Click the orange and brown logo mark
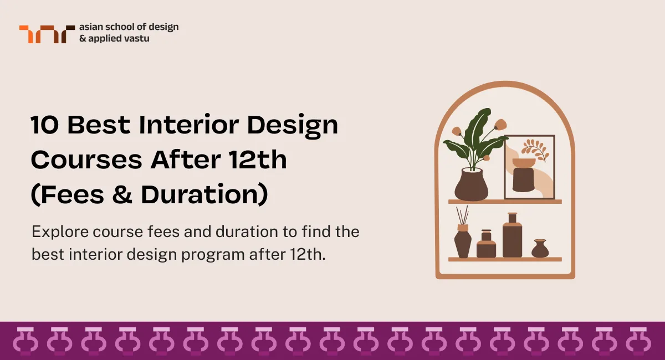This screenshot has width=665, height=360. click(47, 34)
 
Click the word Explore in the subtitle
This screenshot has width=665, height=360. click(53, 232)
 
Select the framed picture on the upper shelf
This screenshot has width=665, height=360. click(529, 167)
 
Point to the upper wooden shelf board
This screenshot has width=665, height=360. click(505, 202)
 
